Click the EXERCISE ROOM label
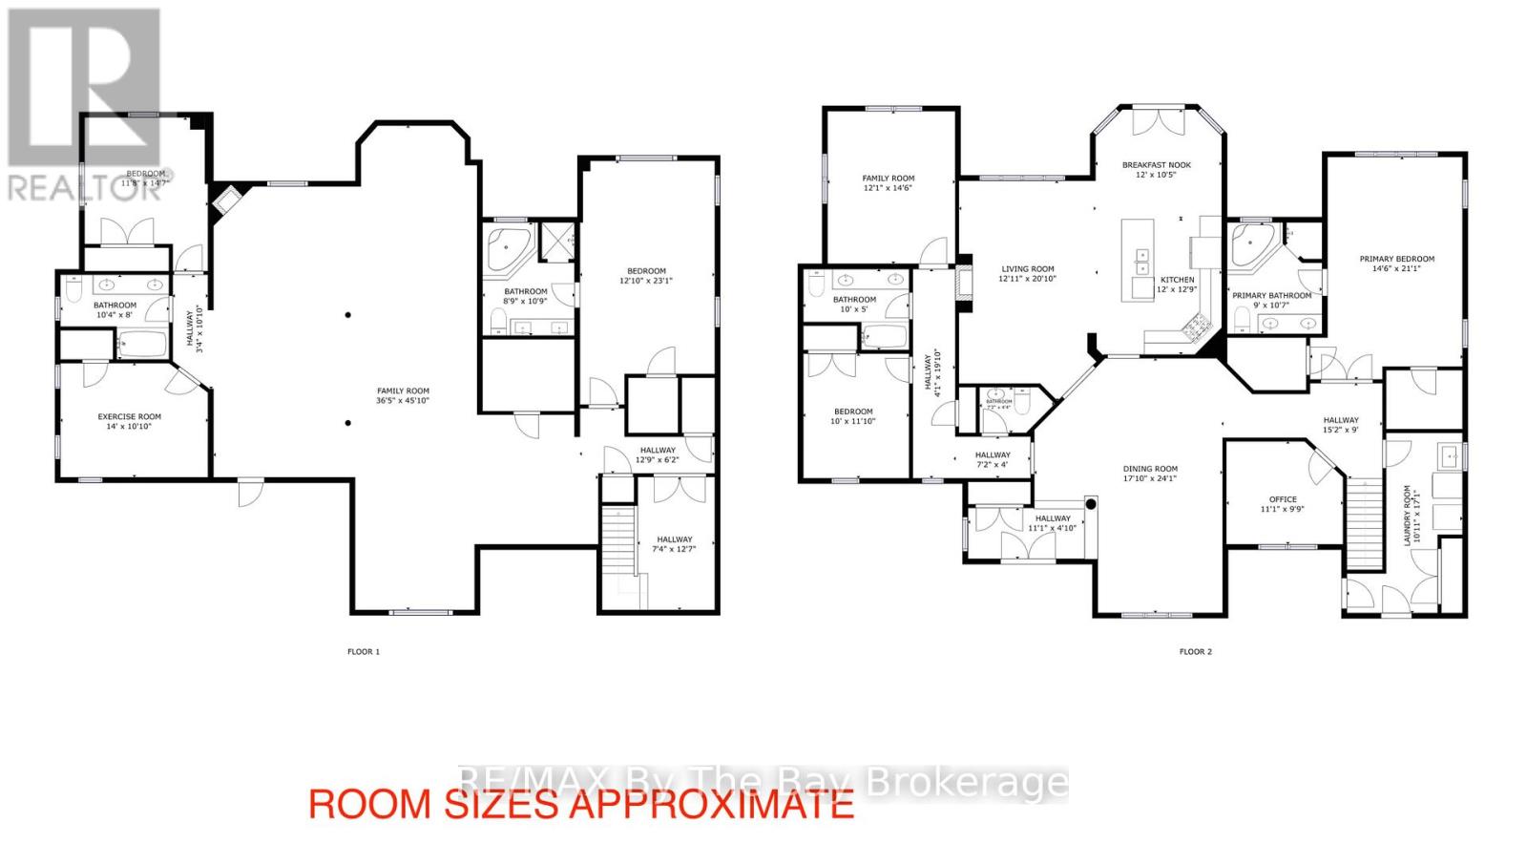129,416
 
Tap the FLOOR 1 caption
363,652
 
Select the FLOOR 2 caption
1195,652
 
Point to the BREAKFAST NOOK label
1156,165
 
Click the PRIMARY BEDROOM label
1396,259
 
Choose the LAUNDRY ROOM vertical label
1407,516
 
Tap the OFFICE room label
1283,499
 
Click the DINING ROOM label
1150,469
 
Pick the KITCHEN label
1177,280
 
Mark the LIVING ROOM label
1027,269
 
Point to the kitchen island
1138,259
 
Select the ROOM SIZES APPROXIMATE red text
580,805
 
